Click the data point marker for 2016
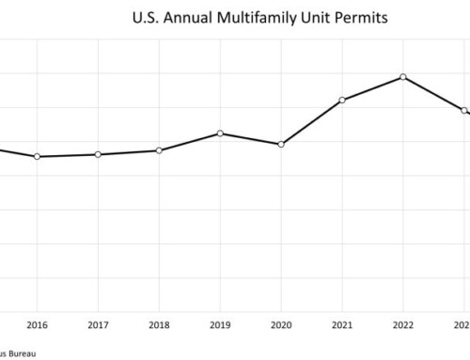(x=37, y=156)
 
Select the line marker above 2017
(x=98, y=154)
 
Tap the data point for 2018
(x=159, y=150)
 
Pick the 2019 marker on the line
(x=220, y=133)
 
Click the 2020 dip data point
(x=281, y=144)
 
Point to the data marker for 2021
(x=342, y=100)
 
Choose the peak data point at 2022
(x=403, y=77)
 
